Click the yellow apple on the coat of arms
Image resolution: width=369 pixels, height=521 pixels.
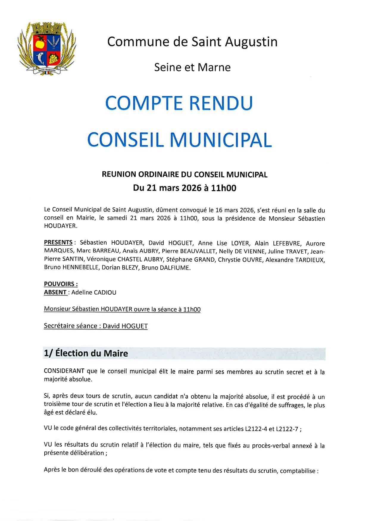click(x=39, y=44)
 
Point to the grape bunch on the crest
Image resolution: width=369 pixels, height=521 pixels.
click(x=54, y=58)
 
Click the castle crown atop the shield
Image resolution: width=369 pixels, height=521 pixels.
click(x=47, y=29)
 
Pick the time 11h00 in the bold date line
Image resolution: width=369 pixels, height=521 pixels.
click(x=223, y=188)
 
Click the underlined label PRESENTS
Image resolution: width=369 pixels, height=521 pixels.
click(x=58, y=242)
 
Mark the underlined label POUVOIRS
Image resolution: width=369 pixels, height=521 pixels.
click(x=61, y=284)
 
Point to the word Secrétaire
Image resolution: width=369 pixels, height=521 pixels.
click(x=58, y=326)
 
